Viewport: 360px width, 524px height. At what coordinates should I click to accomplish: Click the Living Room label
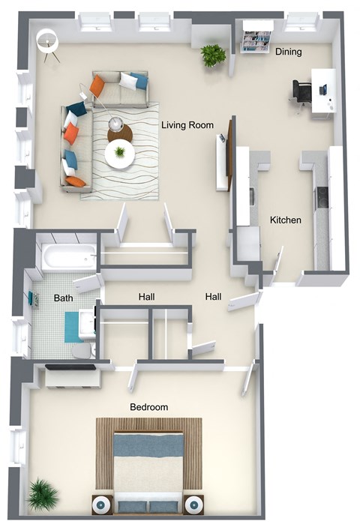187,124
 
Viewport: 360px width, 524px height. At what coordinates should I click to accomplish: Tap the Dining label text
289,52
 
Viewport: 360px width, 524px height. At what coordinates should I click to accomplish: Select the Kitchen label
285,220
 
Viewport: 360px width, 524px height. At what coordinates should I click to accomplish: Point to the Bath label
63,298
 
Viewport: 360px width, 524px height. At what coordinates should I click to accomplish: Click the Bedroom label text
149,407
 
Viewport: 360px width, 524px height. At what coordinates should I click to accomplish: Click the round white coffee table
119,154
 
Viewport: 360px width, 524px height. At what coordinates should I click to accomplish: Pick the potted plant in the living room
213,55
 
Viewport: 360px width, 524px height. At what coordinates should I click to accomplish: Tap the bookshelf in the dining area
256,41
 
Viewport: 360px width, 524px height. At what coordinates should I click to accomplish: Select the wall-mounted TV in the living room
222,161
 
